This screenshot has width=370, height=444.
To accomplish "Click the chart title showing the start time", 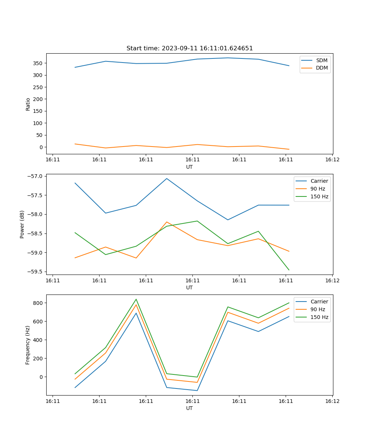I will tap(189, 48).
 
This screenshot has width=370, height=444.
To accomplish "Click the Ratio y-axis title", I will tap(28, 104).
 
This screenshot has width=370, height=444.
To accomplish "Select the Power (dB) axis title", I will tap(22, 224).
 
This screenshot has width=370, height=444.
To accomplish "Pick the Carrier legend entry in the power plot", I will tap(319, 181).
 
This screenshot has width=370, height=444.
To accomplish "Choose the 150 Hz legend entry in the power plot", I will tap(319, 196).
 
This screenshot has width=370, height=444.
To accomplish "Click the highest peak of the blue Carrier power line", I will tap(166, 179).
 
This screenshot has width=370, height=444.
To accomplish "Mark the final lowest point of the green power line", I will tap(289, 270).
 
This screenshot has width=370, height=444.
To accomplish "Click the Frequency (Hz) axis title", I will tap(28, 345).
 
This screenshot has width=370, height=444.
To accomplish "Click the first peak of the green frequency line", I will tap(136, 299).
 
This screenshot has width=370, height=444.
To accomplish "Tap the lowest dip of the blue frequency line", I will tap(197, 390).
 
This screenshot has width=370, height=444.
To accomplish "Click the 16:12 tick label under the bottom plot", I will tap(332, 401).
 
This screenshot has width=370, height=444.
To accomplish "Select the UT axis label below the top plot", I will tap(189, 167).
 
